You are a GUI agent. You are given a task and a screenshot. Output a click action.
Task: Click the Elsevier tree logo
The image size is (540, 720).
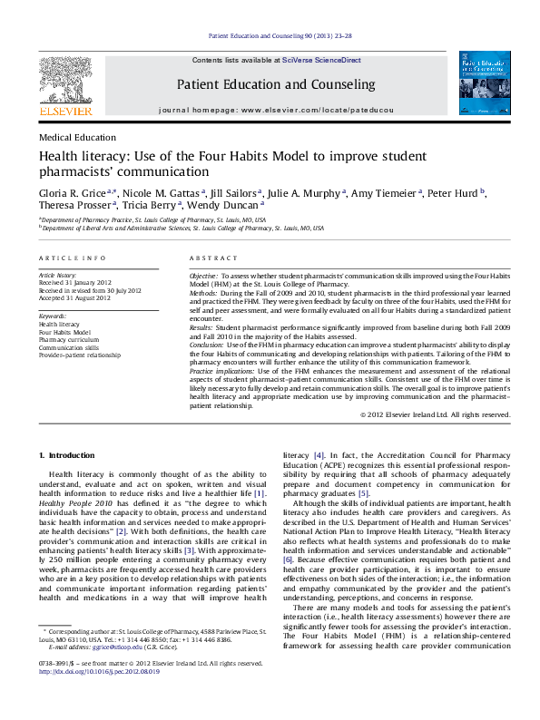point(65,80)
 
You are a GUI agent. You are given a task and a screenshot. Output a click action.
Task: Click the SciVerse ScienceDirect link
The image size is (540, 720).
point(321,60)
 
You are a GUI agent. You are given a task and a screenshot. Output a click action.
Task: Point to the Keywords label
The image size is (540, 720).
point(54,316)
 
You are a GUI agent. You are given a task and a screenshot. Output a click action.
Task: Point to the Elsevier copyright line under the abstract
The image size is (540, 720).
point(435,414)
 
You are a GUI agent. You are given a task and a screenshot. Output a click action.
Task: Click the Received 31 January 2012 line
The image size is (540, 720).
point(74,282)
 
